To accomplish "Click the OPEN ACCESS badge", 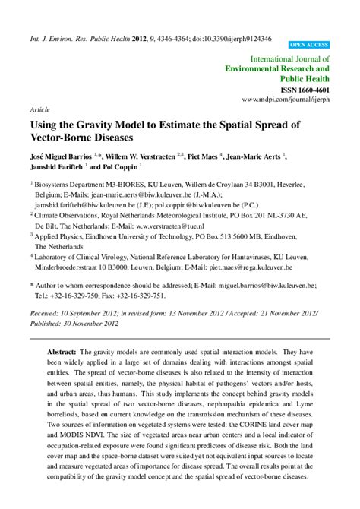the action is (x=308, y=45).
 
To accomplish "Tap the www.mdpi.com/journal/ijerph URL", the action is (x=286, y=100).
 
